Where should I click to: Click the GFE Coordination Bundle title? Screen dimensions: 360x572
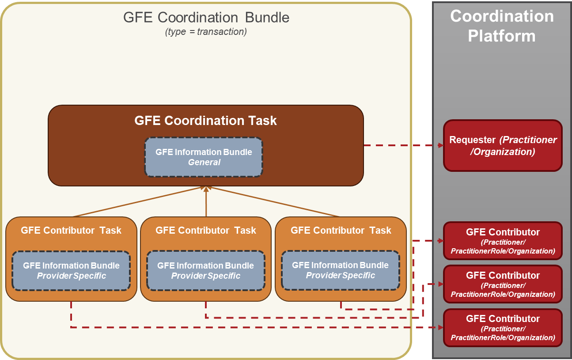pos(206,17)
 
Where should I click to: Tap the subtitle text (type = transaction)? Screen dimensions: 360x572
pos(206,32)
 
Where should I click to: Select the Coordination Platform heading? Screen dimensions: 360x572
pos(501,26)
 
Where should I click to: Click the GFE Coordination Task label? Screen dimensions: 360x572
pos(206,121)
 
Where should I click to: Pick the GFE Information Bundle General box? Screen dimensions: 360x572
pos(204,157)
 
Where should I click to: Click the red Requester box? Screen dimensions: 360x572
pos(503,145)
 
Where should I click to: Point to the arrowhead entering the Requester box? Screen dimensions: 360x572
pos(440,145)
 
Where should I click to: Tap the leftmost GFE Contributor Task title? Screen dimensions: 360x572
pos(71,230)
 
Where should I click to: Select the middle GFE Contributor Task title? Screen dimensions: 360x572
pos(206,230)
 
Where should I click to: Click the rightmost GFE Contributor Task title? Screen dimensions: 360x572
pos(341,230)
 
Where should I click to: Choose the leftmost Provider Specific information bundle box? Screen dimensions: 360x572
pos(71,270)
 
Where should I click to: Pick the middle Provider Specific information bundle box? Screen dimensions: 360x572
pos(206,270)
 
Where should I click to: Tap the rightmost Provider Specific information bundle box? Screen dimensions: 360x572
pos(341,270)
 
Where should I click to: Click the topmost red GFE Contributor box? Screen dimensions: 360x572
pos(503,241)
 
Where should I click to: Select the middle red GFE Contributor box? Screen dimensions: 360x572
pos(503,284)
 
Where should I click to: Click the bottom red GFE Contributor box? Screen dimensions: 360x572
pos(503,327)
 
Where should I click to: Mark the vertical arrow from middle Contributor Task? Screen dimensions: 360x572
pos(206,203)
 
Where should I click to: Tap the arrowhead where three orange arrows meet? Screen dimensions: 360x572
pos(206,188)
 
